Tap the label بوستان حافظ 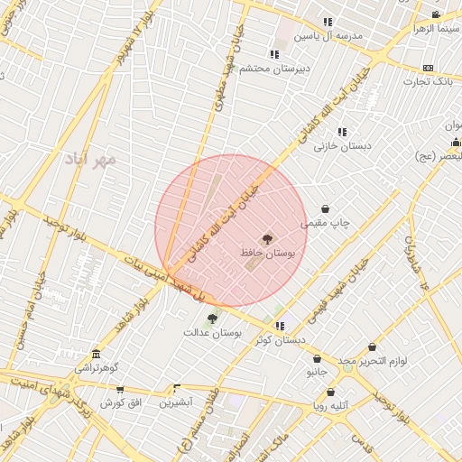pos(268,254)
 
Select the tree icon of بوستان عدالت pos(212,318)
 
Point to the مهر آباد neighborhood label pos(90,160)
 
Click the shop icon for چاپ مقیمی pos(325,209)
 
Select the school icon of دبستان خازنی pos(342,132)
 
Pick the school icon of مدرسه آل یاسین pos(328,22)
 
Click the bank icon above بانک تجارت pos(428,69)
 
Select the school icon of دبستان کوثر pos(280,326)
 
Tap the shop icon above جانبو pos(317,358)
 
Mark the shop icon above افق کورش pos(120,390)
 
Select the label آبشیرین pos(177,402)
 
